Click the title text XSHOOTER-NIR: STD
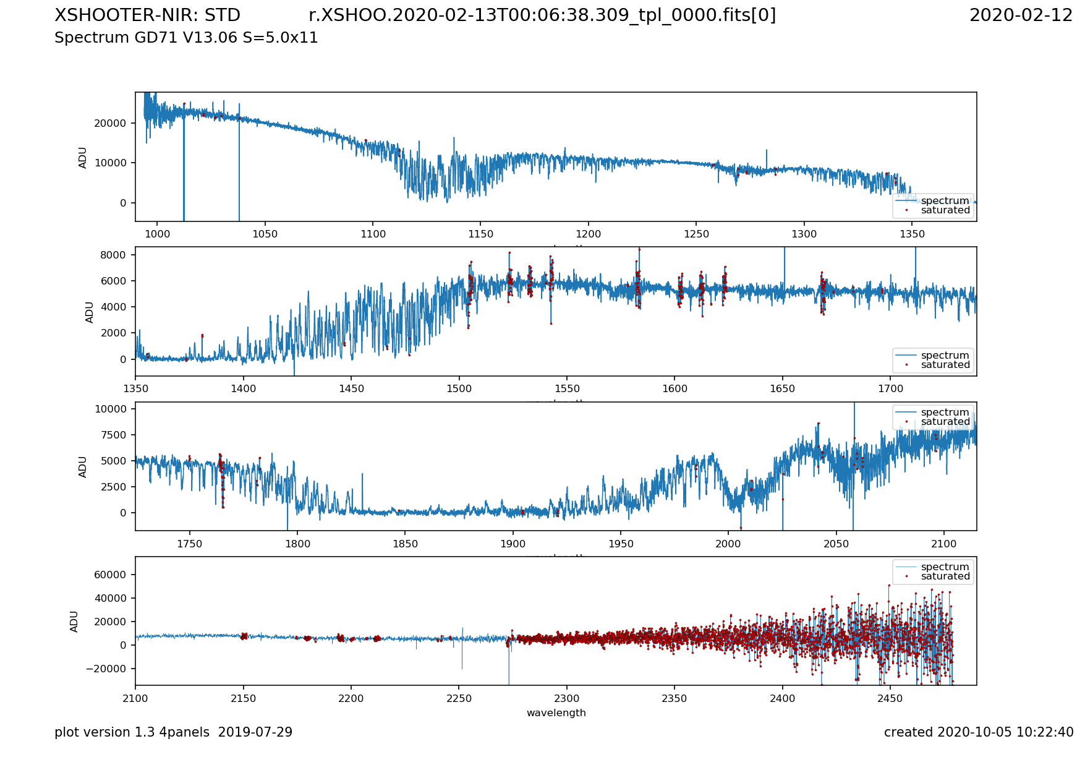(x=147, y=15)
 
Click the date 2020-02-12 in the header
(x=1021, y=15)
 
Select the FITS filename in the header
(x=542, y=15)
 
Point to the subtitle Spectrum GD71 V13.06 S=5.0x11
(x=186, y=38)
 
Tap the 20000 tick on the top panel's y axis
(x=110, y=123)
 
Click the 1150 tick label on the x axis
(x=480, y=234)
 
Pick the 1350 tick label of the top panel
(x=912, y=234)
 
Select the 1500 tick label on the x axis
(x=459, y=389)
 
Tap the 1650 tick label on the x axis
(x=783, y=389)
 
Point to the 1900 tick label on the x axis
(x=513, y=544)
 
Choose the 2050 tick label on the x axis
(x=836, y=544)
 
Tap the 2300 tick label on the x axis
(x=566, y=699)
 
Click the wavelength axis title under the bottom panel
(x=556, y=713)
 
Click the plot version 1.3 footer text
(x=173, y=733)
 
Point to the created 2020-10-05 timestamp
(x=978, y=733)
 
